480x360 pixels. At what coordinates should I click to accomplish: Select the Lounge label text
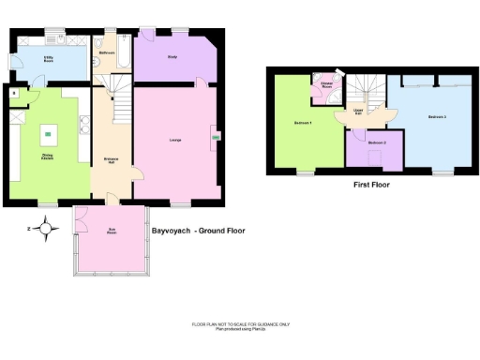tap(174, 141)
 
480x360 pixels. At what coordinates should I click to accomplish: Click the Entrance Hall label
tap(110, 159)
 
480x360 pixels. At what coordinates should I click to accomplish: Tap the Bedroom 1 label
tap(302, 123)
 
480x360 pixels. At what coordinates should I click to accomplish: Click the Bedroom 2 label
tap(377, 142)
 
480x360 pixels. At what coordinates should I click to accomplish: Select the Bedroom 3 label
tap(437, 116)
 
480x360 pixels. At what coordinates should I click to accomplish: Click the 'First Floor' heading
tap(371, 185)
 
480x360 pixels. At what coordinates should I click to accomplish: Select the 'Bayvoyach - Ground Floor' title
tap(198, 230)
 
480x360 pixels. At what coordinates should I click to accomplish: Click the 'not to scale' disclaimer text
tap(240, 324)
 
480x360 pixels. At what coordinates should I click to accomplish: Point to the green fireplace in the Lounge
tap(217, 138)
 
